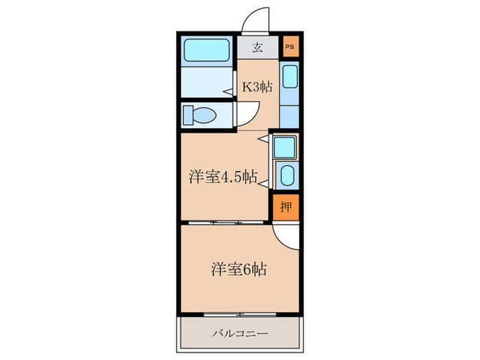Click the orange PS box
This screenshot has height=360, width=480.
point(289,47)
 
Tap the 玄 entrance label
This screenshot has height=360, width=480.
point(258,47)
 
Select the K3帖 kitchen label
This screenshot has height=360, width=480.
point(258,86)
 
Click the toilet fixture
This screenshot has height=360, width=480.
point(200,114)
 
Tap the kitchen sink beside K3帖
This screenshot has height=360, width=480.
point(289,76)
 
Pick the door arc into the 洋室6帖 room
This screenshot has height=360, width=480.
point(285,237)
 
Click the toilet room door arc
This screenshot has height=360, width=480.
point(247,113)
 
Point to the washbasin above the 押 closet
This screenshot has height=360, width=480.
point(285,175)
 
